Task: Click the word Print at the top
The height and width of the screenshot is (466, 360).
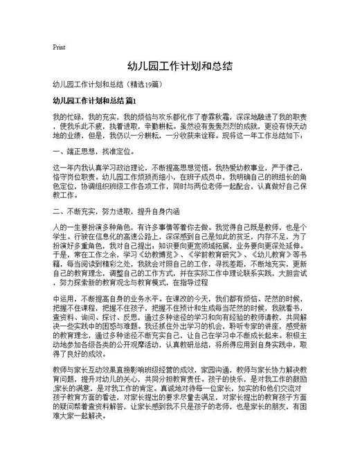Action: click(x=59, y=48)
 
